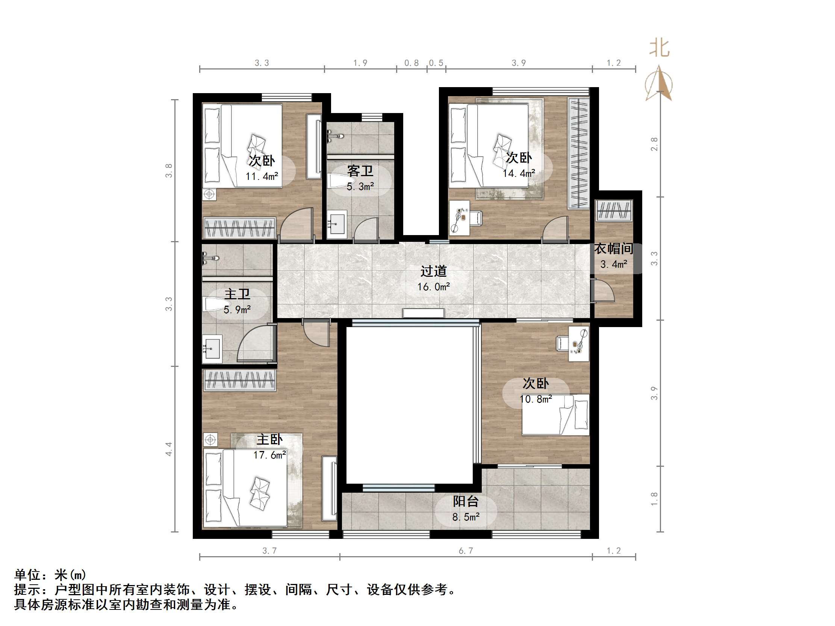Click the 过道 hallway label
click(433, 271)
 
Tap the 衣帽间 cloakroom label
click(613, 249)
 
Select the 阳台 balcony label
click(466, 501)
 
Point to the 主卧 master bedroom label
click(269, 440)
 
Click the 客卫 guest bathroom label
click(360, 171)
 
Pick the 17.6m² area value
click(269, 455)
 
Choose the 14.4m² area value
click(519, 173)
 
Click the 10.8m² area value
click(535, 399)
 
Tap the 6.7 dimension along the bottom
click(466, 551)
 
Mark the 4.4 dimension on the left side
click(168, 449)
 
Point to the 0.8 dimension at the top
click(411, 63)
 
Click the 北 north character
click(659, 48)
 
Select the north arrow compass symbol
click(659, 83)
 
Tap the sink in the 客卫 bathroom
click(336, 224)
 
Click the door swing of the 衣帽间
click(603, 290)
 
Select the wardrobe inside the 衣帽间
click(614, 210)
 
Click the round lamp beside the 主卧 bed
click(210, 440)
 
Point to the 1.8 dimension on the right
click(654, 499)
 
